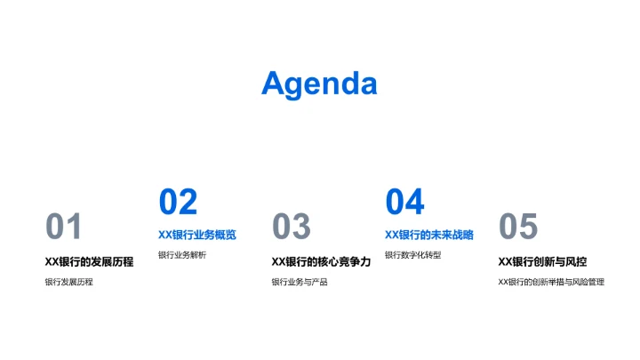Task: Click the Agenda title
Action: (319, 84)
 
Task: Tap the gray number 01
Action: (64, 228)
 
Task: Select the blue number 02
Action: (178, 203)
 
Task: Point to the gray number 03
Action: (292, 228)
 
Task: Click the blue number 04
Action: (404, 203)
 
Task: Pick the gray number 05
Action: (518, 228)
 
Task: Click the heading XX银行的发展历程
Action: (89, 262)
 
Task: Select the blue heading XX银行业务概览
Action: (197, 236)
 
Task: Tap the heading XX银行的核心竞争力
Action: (321, 262)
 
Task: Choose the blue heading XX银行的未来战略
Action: (429, 236)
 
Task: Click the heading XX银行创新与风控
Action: (542, 262)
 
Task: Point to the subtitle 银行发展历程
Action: (69, 282)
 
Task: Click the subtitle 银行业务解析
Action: (182, 255)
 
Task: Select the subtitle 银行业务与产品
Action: (300, 282)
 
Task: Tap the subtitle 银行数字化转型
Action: (413, 255)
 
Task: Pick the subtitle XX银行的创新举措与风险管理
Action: (551, 282)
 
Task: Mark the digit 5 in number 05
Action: (528, 228)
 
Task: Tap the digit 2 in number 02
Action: (188, 203)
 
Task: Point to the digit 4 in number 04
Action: (414, 203)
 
